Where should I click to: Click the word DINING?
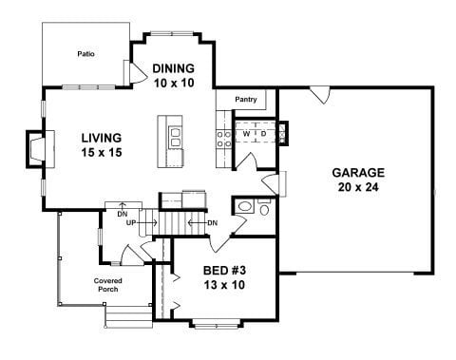click(x=173, y=68)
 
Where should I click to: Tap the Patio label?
click(x=86, y=54)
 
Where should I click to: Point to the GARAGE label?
click(x=357, y=173)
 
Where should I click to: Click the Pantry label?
click(x=246, y=98)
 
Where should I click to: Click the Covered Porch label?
click(x=106, y=285)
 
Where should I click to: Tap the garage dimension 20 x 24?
click(x=357, y=188)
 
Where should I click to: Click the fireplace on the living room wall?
click(x=37, y=150)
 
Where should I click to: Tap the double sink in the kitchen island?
click(x=175, y=138)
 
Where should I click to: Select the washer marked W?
click(x=246, y=135)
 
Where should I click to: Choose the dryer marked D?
click(x=263, y=135)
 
